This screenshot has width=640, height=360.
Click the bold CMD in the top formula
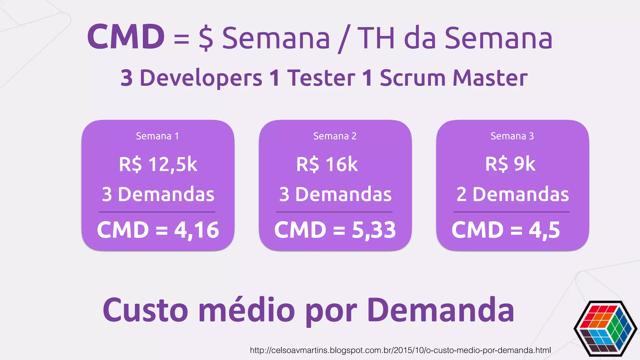coord(126,37)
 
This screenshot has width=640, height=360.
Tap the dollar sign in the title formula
coord(206,38)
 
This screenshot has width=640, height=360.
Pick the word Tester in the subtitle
coord(321,78)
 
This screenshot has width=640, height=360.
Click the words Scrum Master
coord(453,78)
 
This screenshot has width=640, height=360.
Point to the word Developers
coord(201,78)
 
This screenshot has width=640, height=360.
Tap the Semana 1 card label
coord(157,136)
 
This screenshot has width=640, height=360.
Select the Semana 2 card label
coord(335,136)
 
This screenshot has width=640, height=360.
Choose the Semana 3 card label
coord(512,136)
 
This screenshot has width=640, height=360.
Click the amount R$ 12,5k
coord(158,164)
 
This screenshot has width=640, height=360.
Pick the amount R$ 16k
coord(327,164)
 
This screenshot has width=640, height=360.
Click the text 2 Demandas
coord(512,194)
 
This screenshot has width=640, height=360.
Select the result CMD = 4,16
coord(158,230)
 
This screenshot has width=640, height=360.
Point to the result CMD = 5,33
coord(335,230)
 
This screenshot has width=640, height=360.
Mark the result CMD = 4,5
coord(506,230)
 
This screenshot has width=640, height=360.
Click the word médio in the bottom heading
coord(247,310)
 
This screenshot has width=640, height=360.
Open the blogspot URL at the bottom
coord(400,350)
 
